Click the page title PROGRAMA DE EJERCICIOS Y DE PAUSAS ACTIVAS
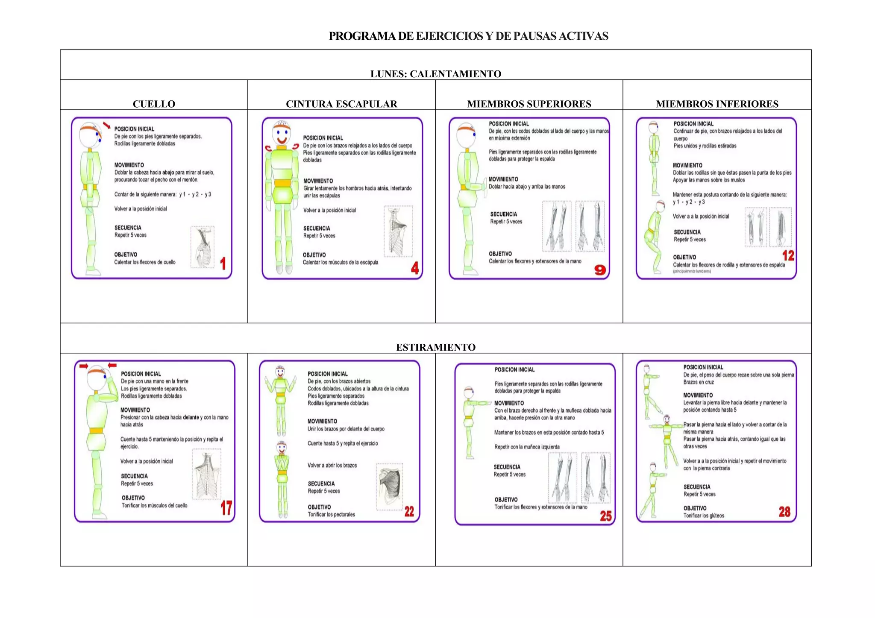pyautogui.click(x=468, y=36)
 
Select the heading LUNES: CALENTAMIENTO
pyautogui.click(x=436, y=74)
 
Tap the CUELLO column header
pyautogui.click(x=154, y=104)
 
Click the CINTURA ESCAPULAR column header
pyautogui.click(x=341, y=104)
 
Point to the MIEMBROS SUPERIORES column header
pyautogui.click(x=529, y=104)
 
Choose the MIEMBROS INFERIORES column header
pyautogui.click(x=717, y=104)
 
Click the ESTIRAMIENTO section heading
pyautogui.click(x=436, y=347)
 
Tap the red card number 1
pyautogui.click(x=223, y=264)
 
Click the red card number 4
pyautogui.click(x=414, y=268)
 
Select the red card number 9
pyautogui.click(x=600, y=270)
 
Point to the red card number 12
pyautogui.click(x=788, y=256)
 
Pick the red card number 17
pyautogui.click(x=226, y=508)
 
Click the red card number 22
pyautogui.click(x=409, y=512)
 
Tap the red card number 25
pyautogui.click(x=605, y=516)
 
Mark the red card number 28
pyautogui.click(x=784, y=512)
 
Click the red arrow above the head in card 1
pyautogui.click(x=106, y=125)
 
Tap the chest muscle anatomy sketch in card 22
pyautogui.click(x=390, y=486)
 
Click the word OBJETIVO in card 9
pyautogui.click(x=500, y=254)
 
